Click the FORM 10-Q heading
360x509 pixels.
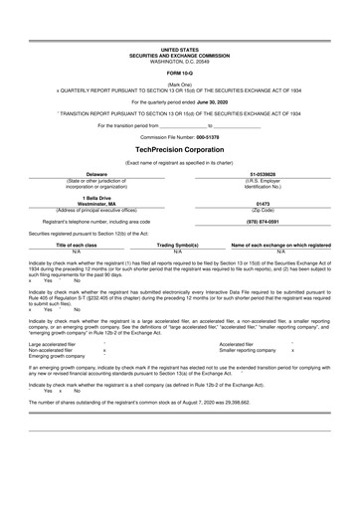click(x=180, y=74)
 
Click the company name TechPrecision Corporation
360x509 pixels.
click(x=180, y=147)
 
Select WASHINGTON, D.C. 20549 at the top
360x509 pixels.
click(x=180, y=61)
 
